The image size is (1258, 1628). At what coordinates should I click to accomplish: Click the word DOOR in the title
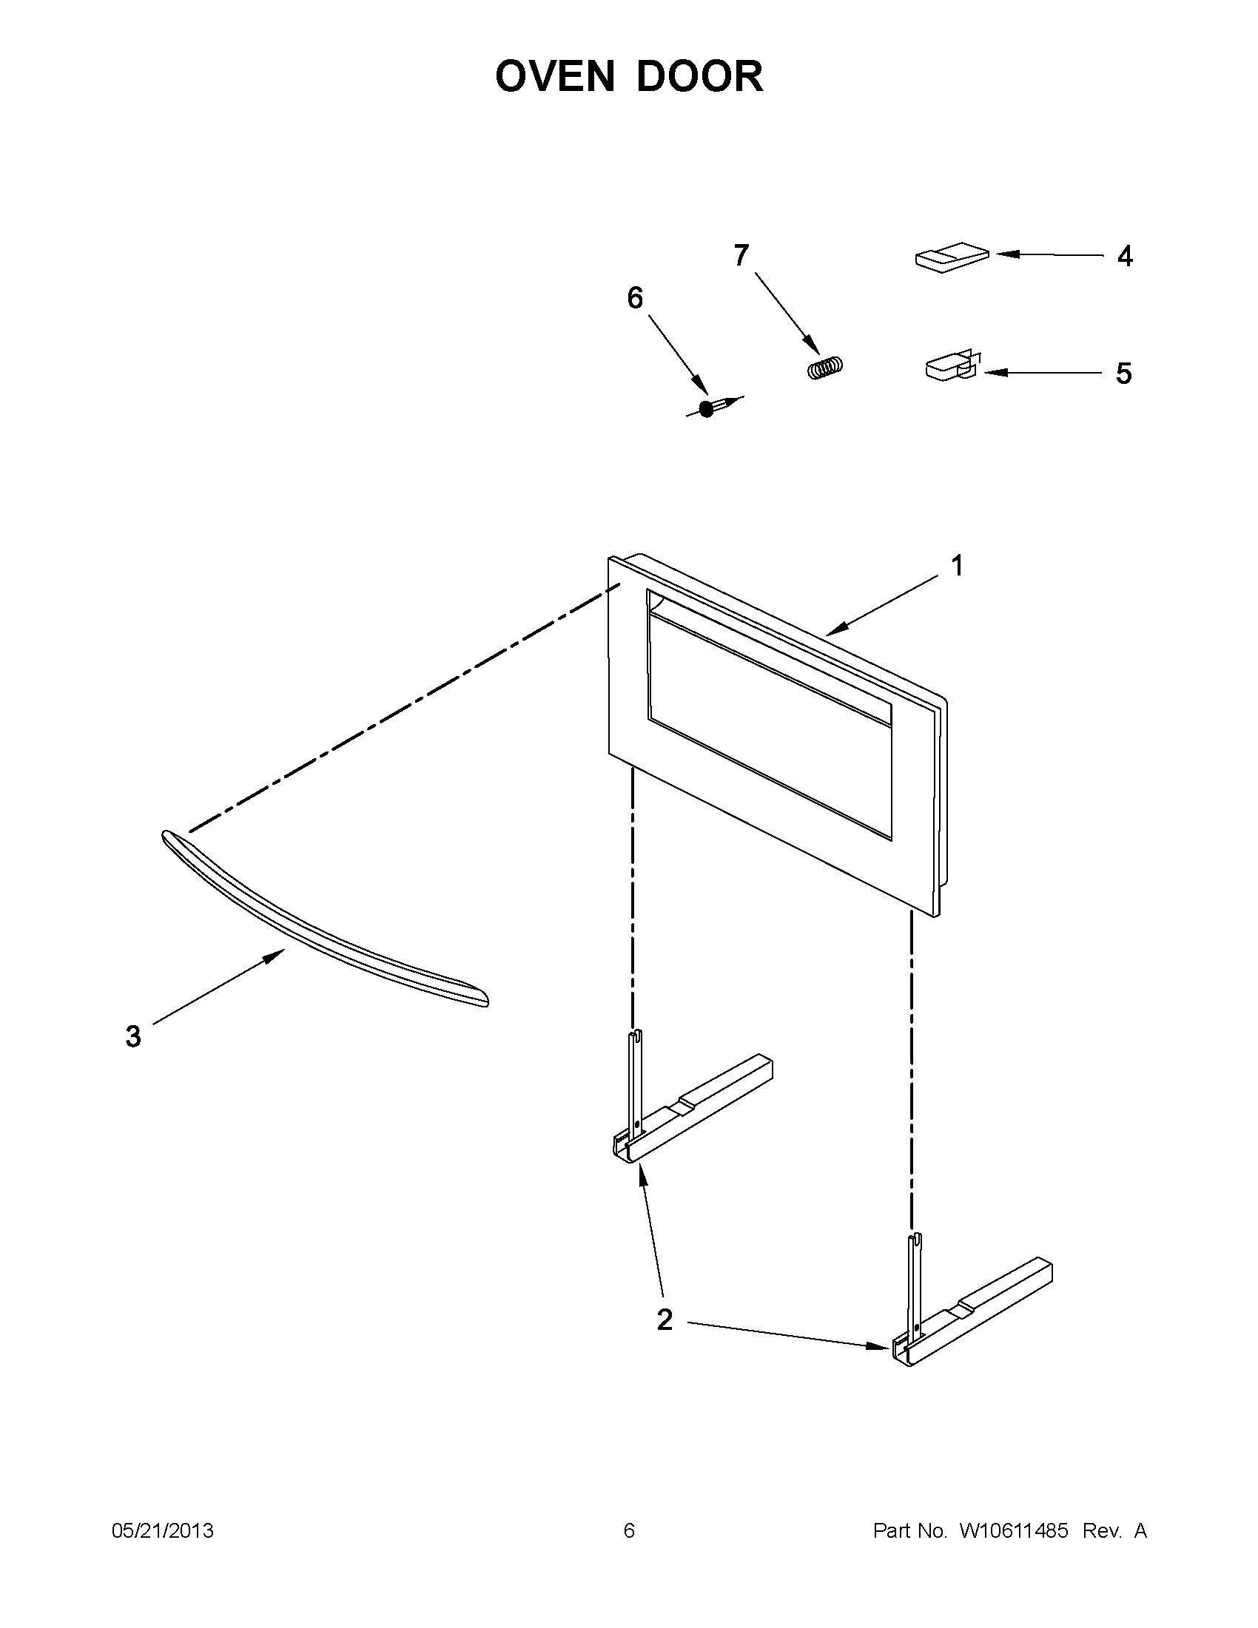point(699,77)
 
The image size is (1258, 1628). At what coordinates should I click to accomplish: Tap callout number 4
point(1124,257)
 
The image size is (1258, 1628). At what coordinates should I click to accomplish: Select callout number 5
point(1123,374)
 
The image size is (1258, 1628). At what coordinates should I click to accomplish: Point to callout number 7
point(740,256)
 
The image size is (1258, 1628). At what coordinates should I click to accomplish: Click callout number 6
point(635,298)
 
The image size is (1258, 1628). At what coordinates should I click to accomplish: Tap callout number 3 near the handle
point(132,1036)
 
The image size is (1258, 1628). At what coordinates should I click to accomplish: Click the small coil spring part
point(827,368)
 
